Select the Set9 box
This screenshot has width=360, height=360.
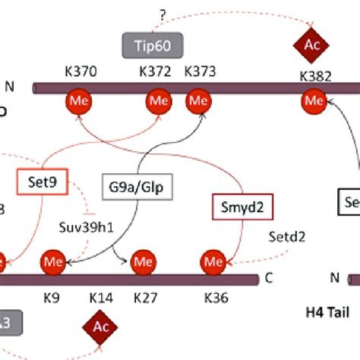point(38,182)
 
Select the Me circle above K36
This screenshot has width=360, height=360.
point(213,262)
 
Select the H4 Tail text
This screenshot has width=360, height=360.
point(317,311)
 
